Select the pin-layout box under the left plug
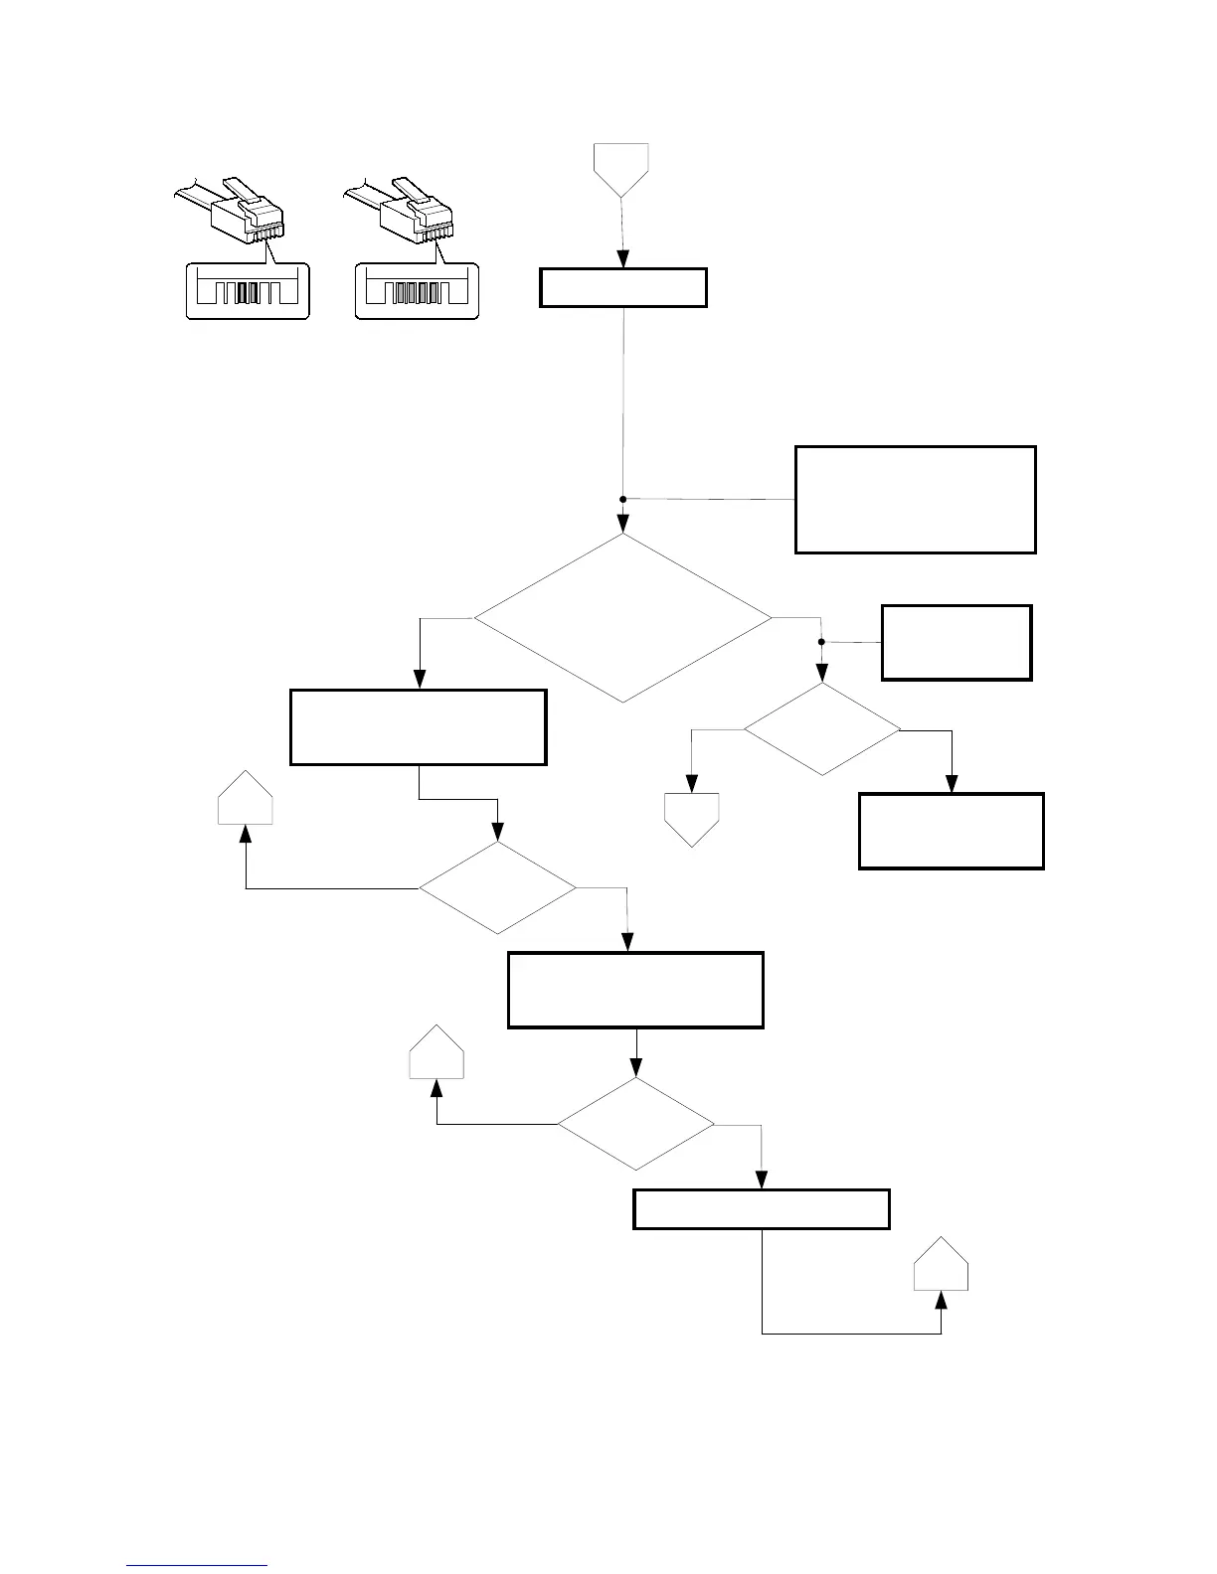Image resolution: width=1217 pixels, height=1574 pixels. (249, 290)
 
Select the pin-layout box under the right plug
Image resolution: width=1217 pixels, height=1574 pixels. (418, 290)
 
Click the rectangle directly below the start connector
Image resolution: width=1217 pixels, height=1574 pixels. (623, 287)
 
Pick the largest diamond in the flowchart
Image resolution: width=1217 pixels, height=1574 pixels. (622, 618)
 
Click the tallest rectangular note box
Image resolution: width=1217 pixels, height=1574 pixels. (916, 499)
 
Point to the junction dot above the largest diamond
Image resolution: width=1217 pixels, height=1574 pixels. (623, 499)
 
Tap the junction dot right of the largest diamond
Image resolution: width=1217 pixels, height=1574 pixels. (821, 642)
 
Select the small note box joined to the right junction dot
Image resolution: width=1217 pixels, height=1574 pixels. (956, 642)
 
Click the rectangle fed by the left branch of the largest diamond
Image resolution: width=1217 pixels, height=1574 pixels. (419, 727)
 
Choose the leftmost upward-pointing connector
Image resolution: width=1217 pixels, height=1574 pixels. (246, 799)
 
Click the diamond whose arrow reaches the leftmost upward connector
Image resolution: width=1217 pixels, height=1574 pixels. (497, 887)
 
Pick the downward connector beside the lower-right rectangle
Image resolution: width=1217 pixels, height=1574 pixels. (692, 819)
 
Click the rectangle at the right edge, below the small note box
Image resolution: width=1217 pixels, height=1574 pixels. (952, 831)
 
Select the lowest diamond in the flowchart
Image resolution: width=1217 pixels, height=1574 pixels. (635, 1125)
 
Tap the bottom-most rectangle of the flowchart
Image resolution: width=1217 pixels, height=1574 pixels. (762, 1209)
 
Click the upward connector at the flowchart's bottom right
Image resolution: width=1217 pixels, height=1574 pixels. (942, 1265)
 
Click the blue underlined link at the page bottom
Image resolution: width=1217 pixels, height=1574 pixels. (197, 1566)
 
